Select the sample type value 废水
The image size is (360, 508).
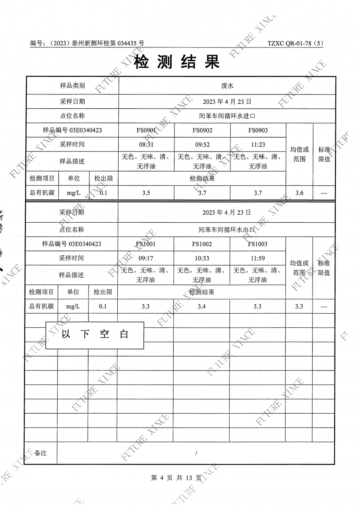[227, 86]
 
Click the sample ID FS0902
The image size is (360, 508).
[202, 130]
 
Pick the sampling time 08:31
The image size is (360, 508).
[146, 144]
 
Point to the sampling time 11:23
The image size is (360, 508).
[258, 144]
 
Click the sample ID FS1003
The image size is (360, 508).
[258, 244]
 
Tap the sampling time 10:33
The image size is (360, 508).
[202, 258]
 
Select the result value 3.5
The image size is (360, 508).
[146, 193]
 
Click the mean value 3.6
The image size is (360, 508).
[299, 193]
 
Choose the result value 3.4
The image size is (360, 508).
[202, 306]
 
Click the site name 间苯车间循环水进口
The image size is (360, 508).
[227, 116]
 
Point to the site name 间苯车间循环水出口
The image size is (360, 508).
[227, 230]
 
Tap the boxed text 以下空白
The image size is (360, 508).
[94, 334]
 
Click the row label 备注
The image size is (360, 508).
[41, 453]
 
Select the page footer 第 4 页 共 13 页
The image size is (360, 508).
[177, 478]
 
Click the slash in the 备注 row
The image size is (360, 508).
[197, 453]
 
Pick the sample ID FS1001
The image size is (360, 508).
[146, 244]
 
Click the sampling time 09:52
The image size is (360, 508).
[202, 144]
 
